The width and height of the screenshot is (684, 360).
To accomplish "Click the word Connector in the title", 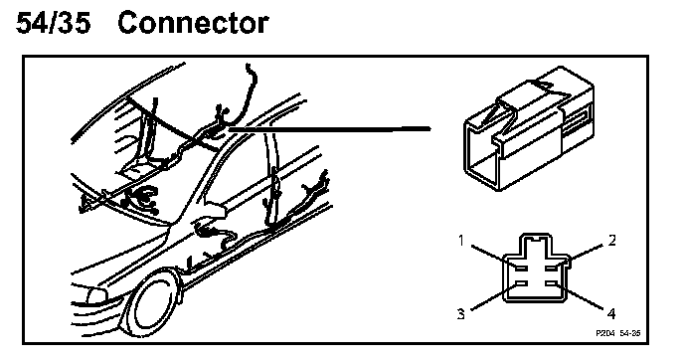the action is coord(193,23).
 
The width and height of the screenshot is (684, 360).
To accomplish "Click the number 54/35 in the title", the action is coord(54,23).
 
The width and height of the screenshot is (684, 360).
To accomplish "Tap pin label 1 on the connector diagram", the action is coord(461,240).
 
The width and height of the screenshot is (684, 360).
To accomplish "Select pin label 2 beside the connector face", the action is coord(612,240).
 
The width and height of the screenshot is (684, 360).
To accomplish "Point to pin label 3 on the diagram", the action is coord(461,313).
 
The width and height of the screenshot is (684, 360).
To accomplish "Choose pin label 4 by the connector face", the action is coord(611,313).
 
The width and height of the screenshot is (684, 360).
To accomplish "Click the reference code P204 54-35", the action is coord(618,333).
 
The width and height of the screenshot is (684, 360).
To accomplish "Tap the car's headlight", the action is coord(96,296).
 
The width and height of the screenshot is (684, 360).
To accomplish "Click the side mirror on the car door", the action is coord(216,209).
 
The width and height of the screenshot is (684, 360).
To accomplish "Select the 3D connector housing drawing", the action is coord(529,128).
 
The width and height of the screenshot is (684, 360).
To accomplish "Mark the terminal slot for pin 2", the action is coord(552,268).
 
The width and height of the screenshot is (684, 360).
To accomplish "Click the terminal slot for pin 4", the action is coord(552,284).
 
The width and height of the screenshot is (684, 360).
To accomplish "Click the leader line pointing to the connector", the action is coord(329,128).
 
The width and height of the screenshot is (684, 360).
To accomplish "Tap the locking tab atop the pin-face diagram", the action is coord(536,245).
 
